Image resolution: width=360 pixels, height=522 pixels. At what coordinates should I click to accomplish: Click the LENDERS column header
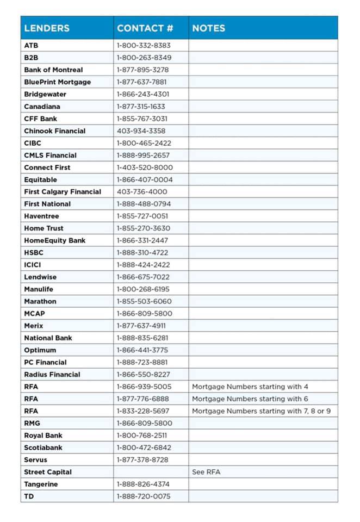click(47, 28)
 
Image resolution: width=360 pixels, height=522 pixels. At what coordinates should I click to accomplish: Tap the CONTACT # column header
click(145, 28)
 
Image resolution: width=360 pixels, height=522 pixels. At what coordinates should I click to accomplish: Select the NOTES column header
click(208, 28)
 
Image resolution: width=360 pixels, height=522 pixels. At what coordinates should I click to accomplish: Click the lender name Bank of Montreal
click(53, 70)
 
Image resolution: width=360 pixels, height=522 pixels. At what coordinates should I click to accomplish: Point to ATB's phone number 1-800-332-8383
click(144, 46)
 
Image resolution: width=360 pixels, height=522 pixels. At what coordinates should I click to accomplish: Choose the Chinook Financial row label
click(54, 130)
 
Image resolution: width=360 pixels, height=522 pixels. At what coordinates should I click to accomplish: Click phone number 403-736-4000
click(142, 191)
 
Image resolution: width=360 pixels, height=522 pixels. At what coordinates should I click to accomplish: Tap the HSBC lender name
click(33, 252)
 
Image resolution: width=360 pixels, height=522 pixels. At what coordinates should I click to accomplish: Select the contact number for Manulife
click(143, 289)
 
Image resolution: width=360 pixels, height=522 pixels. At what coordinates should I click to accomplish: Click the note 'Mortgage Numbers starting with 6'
click(250, 399)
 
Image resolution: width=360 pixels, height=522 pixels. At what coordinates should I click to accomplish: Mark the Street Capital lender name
click(48, 472)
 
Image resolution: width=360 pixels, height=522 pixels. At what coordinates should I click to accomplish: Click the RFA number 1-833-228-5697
click(143, 411)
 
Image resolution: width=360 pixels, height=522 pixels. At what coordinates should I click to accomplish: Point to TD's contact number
click(144, 496)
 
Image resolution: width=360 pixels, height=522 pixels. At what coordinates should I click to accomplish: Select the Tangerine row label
click(41, 484)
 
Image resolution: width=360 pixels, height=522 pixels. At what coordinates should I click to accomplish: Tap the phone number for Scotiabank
click(144, 448)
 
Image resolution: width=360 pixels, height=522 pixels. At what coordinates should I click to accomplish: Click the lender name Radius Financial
click(52, 374)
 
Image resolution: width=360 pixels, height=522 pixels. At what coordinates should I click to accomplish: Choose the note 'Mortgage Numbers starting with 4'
click(250, 387)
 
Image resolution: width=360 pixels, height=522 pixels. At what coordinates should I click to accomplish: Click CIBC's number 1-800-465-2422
click(144, 143)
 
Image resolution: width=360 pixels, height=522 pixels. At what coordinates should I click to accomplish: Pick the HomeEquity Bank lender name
click(54, 240)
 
